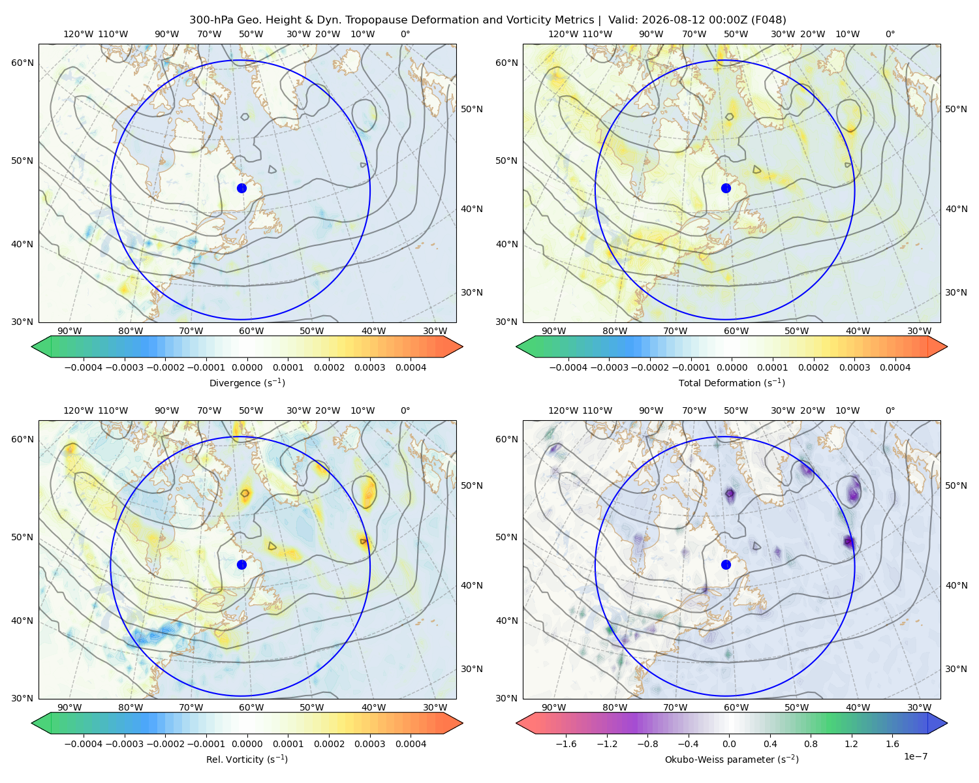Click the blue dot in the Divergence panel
click(x=241, y=188)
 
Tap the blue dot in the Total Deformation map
click(x=726, y=188)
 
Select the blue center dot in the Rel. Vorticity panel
click(x=241, y=564)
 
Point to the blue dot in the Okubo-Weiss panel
click(x=726, y=564)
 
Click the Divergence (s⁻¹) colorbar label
click(x=247, y=382)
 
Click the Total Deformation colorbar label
click(x=732, y=382)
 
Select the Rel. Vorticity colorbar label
click(x=247, y=759)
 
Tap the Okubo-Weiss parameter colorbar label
click(x=732, y=759)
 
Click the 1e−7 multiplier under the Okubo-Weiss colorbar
click(x=915, y=756)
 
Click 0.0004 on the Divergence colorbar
click(x=411, y=367)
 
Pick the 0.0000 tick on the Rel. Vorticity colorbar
click(x=247, y=743)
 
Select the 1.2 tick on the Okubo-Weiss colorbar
click(x=851, y=743)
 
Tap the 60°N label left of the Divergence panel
click(x=22, y=63)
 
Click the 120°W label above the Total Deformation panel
click(x=563, y=34)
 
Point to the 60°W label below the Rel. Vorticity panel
click(x=251, y=707)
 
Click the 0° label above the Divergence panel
click(x=405, y=34)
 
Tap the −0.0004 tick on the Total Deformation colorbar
click(x=568, y=367)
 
